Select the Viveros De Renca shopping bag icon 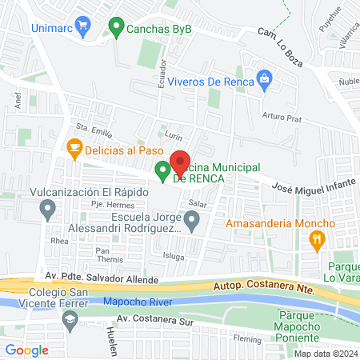[264, 78]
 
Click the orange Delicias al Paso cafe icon [74, 147]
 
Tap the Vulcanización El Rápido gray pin [48, 210]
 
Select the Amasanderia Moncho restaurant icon [318, 238]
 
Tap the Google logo [26, 350]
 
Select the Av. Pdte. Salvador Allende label [98, 276]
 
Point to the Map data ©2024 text [325, 353]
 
